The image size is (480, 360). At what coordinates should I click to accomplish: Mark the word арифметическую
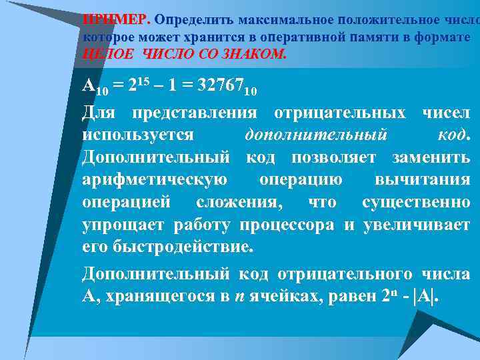point(155,180)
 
